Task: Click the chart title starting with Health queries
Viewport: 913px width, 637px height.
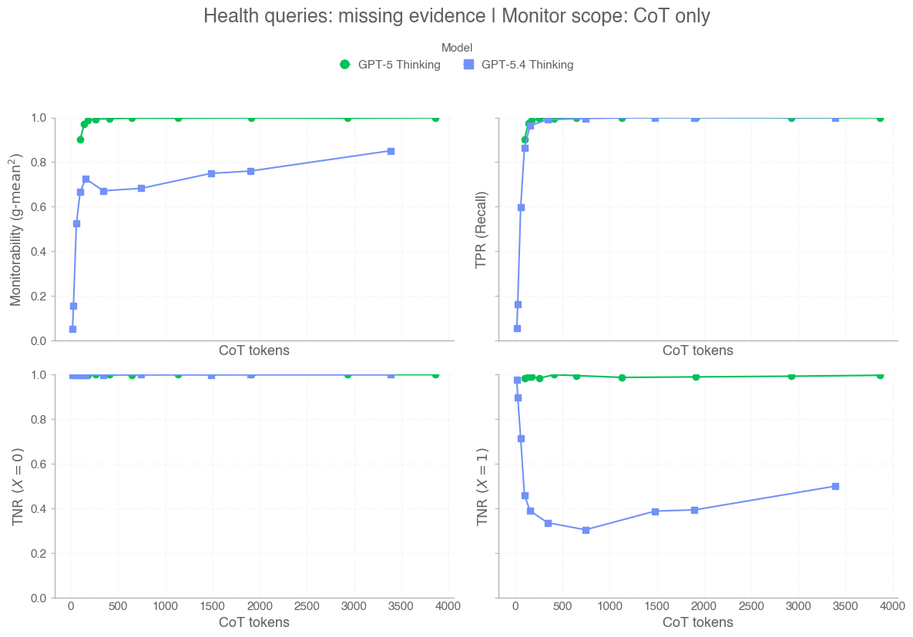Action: [456, 16]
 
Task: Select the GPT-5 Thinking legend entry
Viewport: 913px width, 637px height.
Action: [391, 65]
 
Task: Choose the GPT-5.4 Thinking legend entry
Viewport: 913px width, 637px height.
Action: [519, 65]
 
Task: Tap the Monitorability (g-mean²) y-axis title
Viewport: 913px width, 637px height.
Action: [16, 229]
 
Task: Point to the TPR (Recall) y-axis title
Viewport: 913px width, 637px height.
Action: [482, 229]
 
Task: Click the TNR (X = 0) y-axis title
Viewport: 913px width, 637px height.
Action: [16, 487]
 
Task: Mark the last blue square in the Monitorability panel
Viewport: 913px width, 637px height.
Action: [391, 151]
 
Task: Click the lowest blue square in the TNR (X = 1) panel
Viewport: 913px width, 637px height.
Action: [586, 530]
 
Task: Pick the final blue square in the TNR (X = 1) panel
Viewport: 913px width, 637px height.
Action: [835, 486]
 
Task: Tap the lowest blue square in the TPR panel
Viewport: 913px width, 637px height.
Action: [517, 328]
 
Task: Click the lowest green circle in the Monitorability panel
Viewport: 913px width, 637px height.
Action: [80, 139]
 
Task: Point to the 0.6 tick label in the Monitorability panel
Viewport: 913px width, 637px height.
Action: [38, 207]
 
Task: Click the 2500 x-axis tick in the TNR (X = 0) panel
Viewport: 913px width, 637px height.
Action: [307, 606]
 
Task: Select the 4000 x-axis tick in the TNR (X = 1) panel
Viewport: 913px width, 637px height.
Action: [893, 606]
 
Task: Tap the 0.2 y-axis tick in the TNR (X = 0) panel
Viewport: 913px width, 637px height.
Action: [38, 554]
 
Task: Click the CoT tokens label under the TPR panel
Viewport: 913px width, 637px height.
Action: [697, 350]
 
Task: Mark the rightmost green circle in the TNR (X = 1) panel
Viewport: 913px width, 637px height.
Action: [880, 375]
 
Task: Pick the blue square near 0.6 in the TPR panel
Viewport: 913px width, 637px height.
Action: [521, 207]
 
